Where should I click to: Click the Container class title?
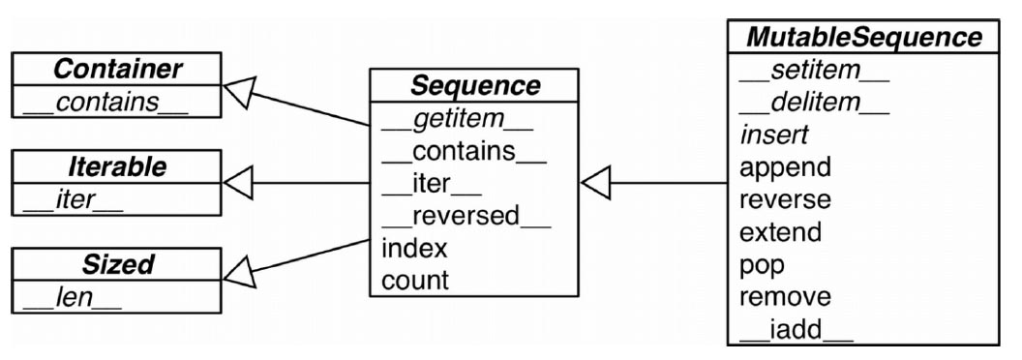pyautogui.click(x=117, y=69)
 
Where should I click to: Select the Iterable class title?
pyautogui.click(x=117, y=167)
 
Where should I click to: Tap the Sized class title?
pyautogui.click(x=117, y=264)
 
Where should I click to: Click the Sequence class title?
pyautogui.click(x=475, y=85)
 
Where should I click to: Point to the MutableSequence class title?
pyautogui.click(x=863, y=37)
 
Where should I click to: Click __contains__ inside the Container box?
pyautogui.click(x=105, y=102)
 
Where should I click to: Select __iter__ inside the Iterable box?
pyautogui.click(x=73, y=199)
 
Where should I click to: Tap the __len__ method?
pyautogui.click(x=73, y=297)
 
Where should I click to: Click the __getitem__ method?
pyautogui.click(x=458, y=119)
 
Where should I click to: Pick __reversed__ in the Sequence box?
pyautogui.click(x=466, y=217)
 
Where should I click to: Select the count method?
pyautogui.click(x=415, y=281)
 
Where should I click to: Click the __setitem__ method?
pyautogui.click(x=814, y=71)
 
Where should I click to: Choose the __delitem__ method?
pyautogui.click(x=814, y=103)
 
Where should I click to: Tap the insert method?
pyautogui.click(x=773, y=135)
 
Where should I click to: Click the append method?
pyautogui.click(x=786, y=168)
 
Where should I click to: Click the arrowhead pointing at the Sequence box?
pyautogui.click(x=595, y=183)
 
